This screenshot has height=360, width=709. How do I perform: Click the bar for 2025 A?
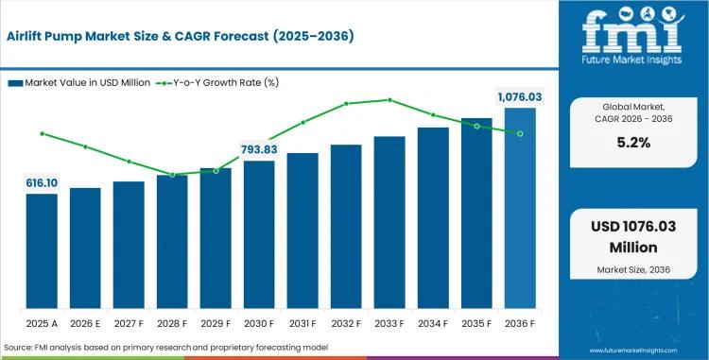pyautogui.click(x=42, y=251)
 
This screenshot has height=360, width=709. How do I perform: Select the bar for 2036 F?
pyautogui.click(x=520, y=208)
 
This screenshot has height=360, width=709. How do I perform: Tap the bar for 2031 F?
pyautogui.click(x=303, y=231)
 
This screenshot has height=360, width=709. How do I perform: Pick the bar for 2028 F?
pyautogui.click(x=172, y=242)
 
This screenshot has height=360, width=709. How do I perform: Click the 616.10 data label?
pyautogui.click(x=42, y=183)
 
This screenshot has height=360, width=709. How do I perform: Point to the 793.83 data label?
pyautogui.click(x=259, y=149)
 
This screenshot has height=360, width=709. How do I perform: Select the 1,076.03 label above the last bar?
pyautogui.click(x=520, y=97)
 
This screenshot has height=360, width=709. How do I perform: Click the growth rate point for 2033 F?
pyautogui.click(x=389, y=100)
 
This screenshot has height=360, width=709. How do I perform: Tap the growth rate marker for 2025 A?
pyautogui.click(x=42, y=134)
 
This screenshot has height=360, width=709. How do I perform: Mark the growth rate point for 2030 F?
pyautogui.click(x=259, y=147)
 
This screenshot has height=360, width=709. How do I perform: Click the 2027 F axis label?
pyautogui.click(x=129, y=324)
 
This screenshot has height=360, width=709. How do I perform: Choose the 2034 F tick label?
pyautogui.click(x=433, y=324)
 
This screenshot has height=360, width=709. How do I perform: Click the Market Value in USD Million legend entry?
pyautogui.click(x=79, y=82)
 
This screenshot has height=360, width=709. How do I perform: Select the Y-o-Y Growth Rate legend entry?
pyautogui.click(x=217, y=82)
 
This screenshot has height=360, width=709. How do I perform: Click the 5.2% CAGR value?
pyautogui.click(x=633, y=143)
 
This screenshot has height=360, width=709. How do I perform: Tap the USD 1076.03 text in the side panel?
pyautogui.click(x=633, y=226)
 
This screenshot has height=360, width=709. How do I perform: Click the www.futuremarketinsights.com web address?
pyautogui.click(x=633, y=351)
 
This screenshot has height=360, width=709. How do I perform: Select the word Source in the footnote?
pyautogui.click(x=17, y=348)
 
